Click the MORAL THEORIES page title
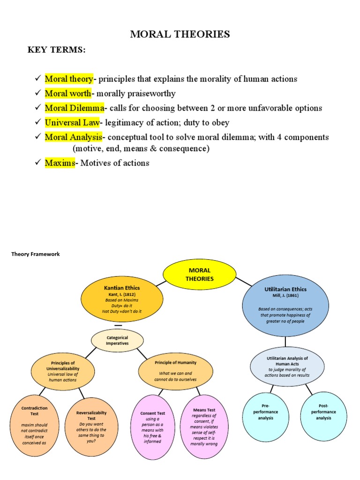(180, 34)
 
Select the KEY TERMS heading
(57, 51)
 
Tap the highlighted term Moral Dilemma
(74, 108)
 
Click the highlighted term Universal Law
(72, 123)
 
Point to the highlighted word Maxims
(60, 163)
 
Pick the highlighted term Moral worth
(68, 93)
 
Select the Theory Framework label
(36, 254)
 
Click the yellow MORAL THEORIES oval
(200, 275)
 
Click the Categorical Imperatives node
(117, 340)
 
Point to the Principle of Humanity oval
(175, 371)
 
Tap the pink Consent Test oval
(153, 427)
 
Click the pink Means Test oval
(204, 427)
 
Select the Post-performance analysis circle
(323, 412)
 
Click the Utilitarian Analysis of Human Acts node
(287, 366)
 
